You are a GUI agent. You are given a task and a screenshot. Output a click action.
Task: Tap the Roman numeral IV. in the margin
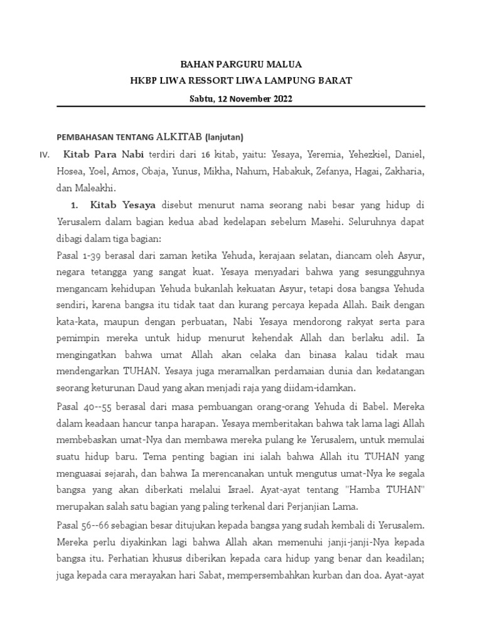(45, 154)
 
